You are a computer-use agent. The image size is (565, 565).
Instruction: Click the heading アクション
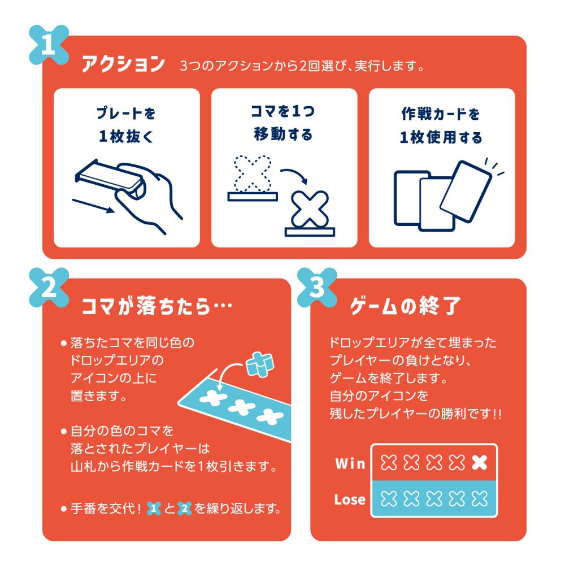pyautogui.click(x=123, y=64)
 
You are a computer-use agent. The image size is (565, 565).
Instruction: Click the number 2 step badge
pyautogui.click(x=48, y=289)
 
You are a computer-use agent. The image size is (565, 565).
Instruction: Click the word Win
pyautogui.click(x=350, y=464)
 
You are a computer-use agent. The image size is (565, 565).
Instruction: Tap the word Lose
pyautogui.click(x=349, y=499)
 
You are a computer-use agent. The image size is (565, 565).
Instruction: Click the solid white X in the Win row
pyautogui.click(x=479, y=464)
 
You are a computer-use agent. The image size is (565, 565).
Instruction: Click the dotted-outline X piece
pyautogui.click(x=253, y=173)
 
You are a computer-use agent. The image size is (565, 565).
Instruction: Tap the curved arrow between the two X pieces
pyautogui.click(x=295, y=176)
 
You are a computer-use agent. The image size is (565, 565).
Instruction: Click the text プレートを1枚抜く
pyautogui.click(x=127, y=125)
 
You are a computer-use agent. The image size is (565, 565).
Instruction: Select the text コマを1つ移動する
pyautogui.click(x=284, y=123)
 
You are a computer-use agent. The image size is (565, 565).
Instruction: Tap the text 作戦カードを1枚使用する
pyautogui.click(x=441, y=125)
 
